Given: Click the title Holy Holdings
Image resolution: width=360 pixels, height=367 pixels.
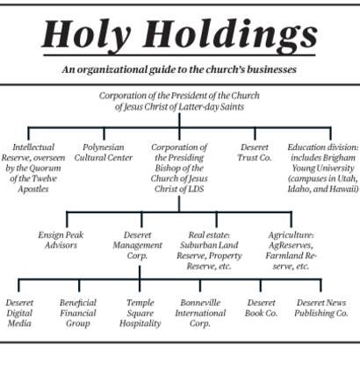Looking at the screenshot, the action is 179,35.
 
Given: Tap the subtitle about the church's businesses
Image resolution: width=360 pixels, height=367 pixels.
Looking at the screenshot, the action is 179,69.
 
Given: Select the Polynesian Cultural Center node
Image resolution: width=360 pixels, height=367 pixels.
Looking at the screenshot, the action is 104,152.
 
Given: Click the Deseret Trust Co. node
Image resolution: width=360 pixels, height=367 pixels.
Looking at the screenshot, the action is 255,152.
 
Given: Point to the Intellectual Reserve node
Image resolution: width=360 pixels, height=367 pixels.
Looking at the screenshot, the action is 33,168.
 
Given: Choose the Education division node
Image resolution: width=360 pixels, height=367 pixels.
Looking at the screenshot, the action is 323,168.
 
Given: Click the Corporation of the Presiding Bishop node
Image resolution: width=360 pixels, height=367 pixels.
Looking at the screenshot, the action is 179,168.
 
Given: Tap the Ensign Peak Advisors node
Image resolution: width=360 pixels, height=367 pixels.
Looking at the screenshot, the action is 61,240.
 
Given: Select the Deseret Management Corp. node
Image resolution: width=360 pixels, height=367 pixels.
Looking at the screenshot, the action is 137,245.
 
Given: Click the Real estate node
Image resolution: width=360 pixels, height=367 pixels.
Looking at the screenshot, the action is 209,250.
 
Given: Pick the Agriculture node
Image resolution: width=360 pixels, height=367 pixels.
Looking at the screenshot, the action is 291,250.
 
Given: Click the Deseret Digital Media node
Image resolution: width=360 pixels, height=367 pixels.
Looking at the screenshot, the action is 19,313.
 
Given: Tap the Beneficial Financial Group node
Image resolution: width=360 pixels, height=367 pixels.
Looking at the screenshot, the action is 78,313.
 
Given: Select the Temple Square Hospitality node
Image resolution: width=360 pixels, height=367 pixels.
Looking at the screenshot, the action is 140,313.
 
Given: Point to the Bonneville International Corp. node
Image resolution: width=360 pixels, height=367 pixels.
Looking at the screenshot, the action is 200,313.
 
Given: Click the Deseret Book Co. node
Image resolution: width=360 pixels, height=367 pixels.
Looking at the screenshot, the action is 261,307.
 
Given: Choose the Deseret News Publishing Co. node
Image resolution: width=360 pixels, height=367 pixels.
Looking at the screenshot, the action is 321,307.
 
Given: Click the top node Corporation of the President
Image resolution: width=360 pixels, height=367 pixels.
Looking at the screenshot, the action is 179,101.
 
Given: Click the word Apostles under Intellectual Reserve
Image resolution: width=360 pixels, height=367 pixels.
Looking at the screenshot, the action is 33,189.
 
